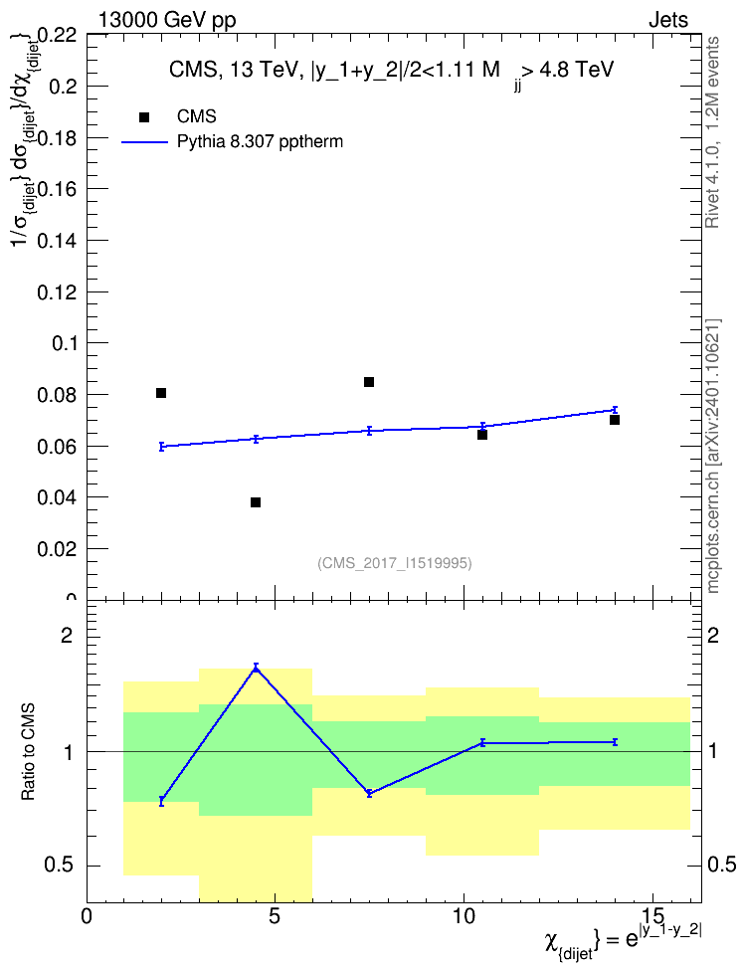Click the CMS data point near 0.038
(256, 502)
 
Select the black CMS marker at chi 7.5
(369, 382)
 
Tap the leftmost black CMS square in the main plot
(161, 393)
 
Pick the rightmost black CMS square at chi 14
(615, 420)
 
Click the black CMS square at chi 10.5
(482, 435)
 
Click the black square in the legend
(144, 117)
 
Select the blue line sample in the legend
(144, 142)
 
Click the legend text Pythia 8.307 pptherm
(260, 142)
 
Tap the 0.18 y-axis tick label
(61, 137)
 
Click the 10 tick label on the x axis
(464, 916)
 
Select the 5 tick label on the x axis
(275, 916)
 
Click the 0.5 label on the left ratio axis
(59, 866)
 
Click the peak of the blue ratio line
(256, 668)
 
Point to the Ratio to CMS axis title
(28, 752)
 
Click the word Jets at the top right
(668, 20)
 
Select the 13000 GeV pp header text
(167, 20)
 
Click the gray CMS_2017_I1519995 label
(395, 563)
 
